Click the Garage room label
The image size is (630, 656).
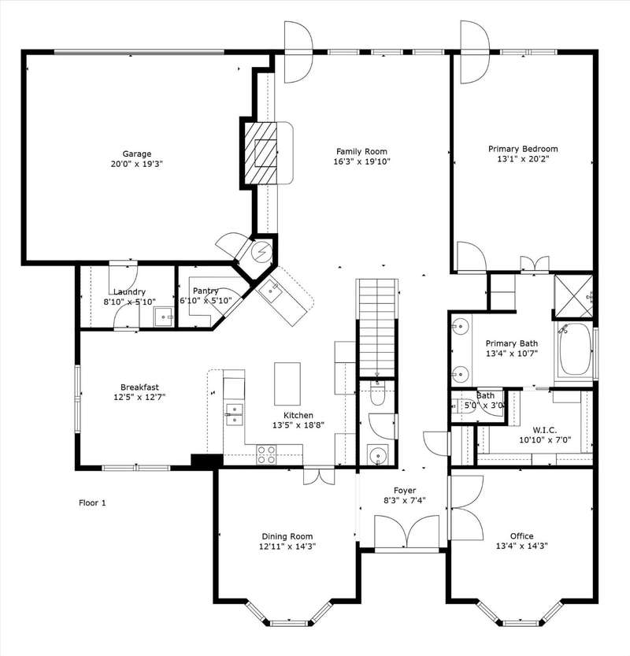coord(137,154)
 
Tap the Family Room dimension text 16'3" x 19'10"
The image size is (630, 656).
coord(361,161)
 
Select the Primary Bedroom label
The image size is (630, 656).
coord(523,149)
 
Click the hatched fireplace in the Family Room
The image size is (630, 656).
coord(260,153)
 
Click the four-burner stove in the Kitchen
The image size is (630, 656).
coord(266,454)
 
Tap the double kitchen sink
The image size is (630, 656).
coord(234,414)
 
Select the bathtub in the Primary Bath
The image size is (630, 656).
coord(575,350)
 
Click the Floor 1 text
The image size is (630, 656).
coord(92,502)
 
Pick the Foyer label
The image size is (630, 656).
coord(405,490)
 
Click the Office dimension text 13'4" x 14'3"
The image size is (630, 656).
coord(522,546)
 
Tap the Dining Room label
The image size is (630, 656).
coord(287,536)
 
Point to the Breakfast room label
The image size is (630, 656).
coord(139,387)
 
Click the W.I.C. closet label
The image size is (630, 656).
coord(545,430)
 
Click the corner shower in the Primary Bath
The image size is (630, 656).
coord(573,296)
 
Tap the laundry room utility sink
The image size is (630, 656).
coord(163,317)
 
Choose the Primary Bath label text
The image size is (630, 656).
coord(512,343)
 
